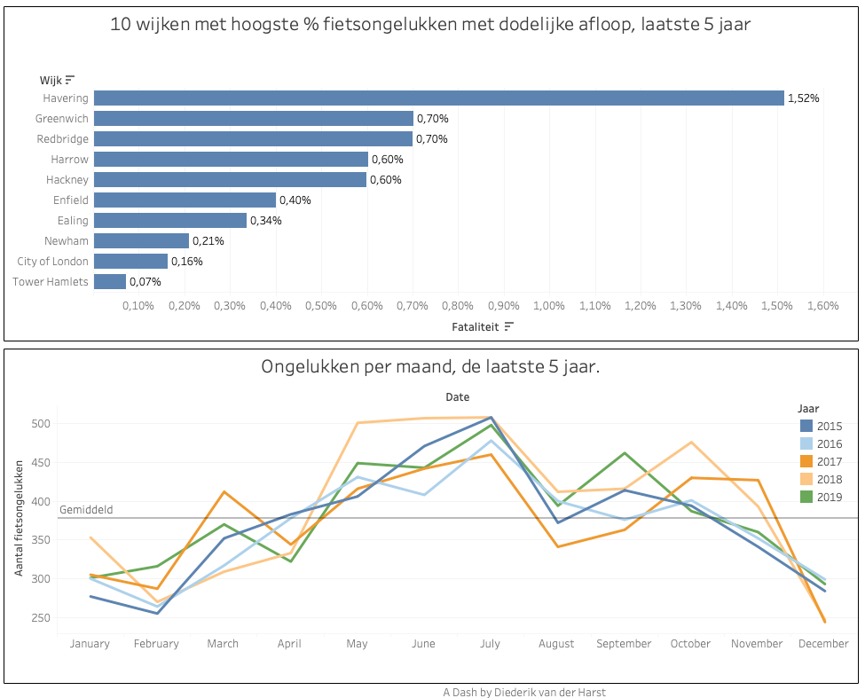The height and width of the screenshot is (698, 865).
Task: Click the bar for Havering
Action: pyautogui.click(x=439, y=98)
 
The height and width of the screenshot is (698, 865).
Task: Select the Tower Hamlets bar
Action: pyautogui.click(x=110, y=281)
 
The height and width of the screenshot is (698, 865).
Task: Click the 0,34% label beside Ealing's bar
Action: pyautogui.click(x=265, y=220)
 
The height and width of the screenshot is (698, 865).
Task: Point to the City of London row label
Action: pyautogui.click(x=52, y=261)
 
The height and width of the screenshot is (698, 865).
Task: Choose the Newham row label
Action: pyautogui.click(x=67, y=240)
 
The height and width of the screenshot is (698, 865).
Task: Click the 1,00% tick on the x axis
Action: pyautogui.click(x=549, y=305)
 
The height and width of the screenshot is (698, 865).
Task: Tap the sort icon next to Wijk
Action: pyautogui.click(x=70, y=80)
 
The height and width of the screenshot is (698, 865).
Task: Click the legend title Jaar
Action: pyautogui.click(x=808, y=408)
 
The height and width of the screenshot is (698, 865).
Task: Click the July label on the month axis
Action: pyautogui.click(x=491, y=643)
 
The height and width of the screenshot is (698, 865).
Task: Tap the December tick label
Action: pyautogui.click(x=823, y=643)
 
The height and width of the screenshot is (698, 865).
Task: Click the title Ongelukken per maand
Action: pyautogui.click(x=430, y=366)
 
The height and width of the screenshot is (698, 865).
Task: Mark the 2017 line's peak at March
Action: pyautogui.click(x=224, y=491)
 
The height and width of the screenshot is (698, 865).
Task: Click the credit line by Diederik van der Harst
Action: pyautogui.click(x=524, y=691)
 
